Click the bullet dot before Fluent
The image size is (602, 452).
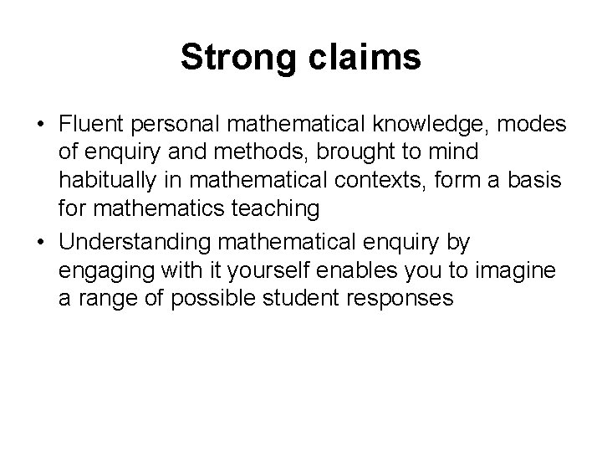pos(41,125)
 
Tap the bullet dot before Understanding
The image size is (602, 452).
pos(41,242)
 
